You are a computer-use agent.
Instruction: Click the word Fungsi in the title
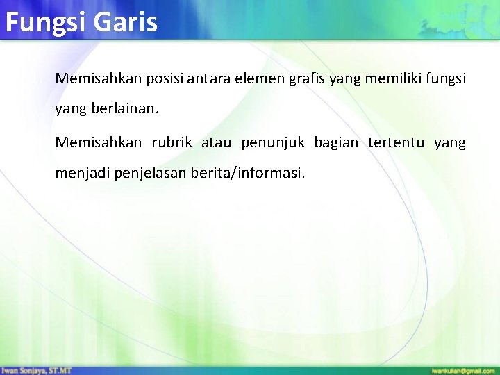44,22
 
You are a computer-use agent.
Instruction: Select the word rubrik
172,142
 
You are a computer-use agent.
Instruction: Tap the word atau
216,142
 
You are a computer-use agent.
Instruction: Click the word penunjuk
273,142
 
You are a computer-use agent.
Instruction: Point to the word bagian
336,142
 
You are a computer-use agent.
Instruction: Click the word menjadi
81,173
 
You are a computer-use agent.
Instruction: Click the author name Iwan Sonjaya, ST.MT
36,370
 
